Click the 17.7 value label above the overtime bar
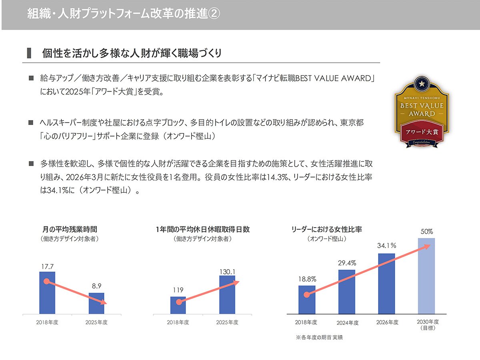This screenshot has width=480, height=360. pos(47,265)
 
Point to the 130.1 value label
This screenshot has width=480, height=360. pos(227,272)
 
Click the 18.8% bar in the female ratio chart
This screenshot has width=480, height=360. pos(307,300)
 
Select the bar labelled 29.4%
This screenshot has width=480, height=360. pos(346,292)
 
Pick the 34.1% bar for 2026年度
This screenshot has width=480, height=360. pos(386,284)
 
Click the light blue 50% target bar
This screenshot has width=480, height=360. pos(426,276)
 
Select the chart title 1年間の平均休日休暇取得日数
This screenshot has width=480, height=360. pos(203,230)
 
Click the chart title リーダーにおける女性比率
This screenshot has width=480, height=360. pos(327,230)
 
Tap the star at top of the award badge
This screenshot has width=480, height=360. pos(421,83)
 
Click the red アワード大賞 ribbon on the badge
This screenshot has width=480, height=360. pos(422,132)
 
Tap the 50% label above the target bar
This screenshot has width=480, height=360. pos(426,232)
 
